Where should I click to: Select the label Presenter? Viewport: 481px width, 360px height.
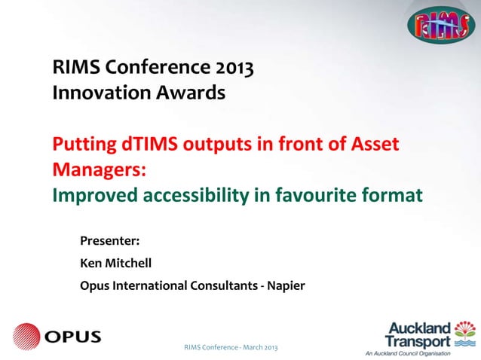110,242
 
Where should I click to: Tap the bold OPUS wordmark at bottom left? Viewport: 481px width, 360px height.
72,337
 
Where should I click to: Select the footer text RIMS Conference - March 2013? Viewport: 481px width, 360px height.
231,347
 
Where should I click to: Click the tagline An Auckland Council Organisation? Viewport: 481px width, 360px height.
408,353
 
